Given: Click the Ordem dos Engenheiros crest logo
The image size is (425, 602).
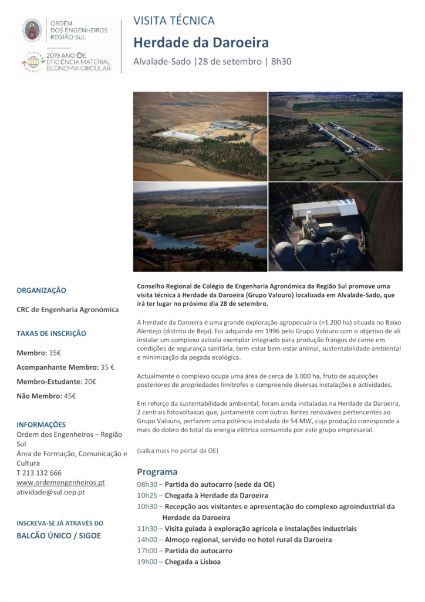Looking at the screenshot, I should pos(32,30).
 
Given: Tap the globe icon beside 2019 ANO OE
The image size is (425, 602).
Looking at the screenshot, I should pos(33,61).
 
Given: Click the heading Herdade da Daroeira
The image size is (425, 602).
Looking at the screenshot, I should pos(201,42).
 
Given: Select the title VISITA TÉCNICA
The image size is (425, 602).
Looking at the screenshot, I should pos(174,21).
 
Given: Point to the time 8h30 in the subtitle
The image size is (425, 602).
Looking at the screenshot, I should pos(281,61).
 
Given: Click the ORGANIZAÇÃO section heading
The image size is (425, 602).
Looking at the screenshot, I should pos(41,290).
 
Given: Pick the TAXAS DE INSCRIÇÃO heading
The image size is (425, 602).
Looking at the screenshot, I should pos(51,333).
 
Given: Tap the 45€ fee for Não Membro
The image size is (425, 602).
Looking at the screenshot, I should pos(69,396).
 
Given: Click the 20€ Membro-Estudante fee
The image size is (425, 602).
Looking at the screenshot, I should pos(90,382).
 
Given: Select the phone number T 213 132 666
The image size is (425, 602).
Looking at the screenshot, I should pos(39,473).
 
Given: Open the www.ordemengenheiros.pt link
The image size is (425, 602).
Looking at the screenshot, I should pos(60,482).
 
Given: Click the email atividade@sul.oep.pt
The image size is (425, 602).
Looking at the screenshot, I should pos(50,492).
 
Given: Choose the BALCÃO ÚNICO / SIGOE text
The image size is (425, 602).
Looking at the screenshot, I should pos(58,536).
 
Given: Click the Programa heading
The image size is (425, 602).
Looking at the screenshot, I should pos(157,471).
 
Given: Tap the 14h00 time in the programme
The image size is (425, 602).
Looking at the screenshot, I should pos(147,540).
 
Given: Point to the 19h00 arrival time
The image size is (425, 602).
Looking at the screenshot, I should pos(147,561).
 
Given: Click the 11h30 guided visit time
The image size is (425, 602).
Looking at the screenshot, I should pos(147,529).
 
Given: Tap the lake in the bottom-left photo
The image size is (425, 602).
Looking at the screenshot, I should pos(194,240).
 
